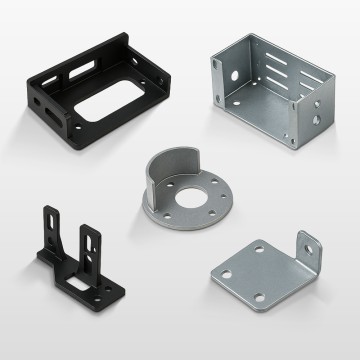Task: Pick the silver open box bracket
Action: [269, 85]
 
